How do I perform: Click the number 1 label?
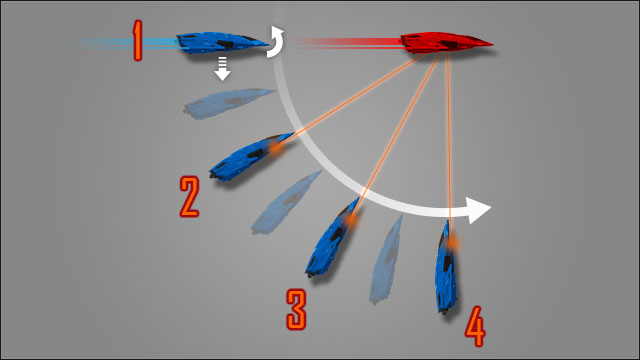click(x=138, y=41)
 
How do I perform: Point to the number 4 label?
click(x=475, y=325)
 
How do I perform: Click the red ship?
click(x=446, y=42)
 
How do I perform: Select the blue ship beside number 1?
click(x=222, y=42)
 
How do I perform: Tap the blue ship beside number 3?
click(x=334, y=241)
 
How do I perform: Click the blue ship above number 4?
click(x=446, y=268)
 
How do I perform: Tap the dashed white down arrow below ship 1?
click(x=223, y=69)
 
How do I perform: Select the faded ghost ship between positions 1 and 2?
click(x=230, y=101)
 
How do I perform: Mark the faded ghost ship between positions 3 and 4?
click(x=389, y=259)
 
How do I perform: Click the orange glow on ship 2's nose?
click(x=273, y=148)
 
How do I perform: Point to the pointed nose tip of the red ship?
click(x=491, y=43)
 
